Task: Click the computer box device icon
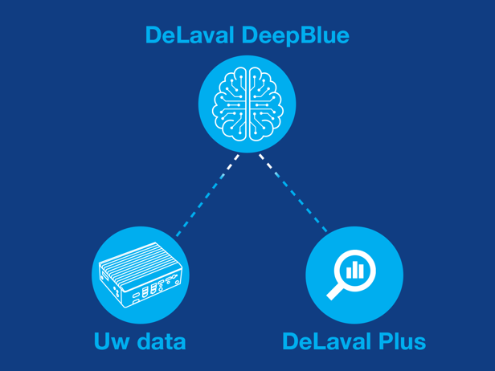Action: [141, 275]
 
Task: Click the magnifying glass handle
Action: [335, 291]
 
